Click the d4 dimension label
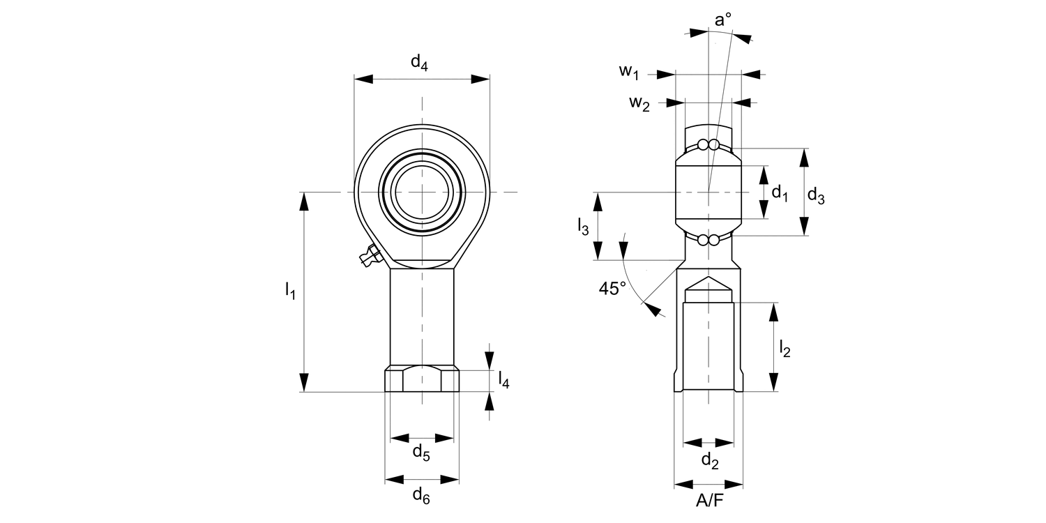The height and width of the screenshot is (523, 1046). tap(419, 63)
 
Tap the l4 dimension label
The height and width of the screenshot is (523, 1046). tap(503, 379)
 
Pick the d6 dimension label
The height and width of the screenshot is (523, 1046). tap(421, 496)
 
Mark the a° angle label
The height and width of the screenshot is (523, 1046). tap(723, 20)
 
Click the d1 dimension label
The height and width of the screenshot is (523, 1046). tap(780, 193)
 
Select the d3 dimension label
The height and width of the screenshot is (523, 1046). tap(816, 196)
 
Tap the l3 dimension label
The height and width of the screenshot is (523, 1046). tap(583, 225)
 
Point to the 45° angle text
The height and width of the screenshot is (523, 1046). tap(612, 289)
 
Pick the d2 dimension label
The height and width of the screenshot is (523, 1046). tap(709, 460)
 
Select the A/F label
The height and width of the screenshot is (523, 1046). tap(709, 501)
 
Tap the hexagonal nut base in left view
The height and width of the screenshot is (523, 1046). tap(422, 380)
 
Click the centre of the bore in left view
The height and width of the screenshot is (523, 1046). tap(421, 191)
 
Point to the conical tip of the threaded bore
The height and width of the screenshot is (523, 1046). tap(709, 281)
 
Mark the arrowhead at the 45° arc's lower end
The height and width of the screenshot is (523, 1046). tap(653, 309)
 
